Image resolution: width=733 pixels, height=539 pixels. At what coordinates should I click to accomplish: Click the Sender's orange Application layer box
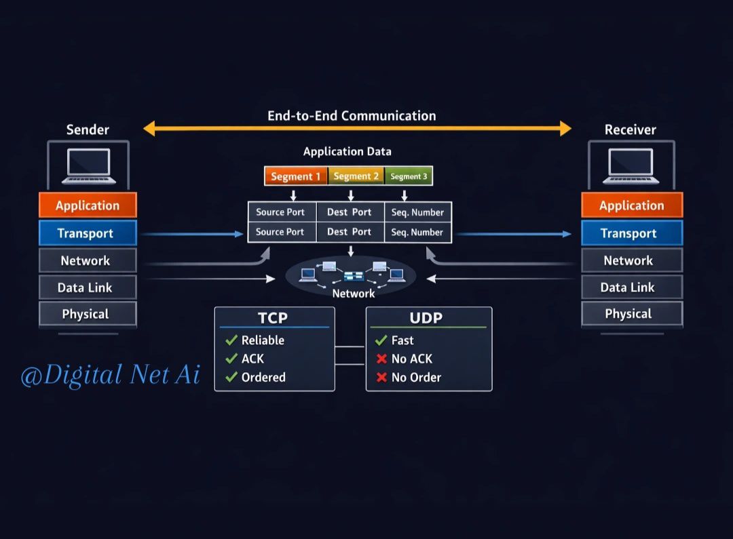click(x=88, y=205)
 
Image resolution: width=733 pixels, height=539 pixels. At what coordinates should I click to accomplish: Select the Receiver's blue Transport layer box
click(x=632, y=233)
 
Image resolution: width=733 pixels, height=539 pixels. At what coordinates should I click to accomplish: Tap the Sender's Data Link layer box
click(x=88, y=287)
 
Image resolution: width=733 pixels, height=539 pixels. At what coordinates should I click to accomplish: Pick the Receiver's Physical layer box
click(x=632, y=313)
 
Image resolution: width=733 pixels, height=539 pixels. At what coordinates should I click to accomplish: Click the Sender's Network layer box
click(x=88, y=260)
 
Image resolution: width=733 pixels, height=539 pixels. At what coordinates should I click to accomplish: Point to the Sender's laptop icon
click(x=89, y=166)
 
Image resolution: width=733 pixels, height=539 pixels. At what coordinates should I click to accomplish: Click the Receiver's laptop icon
click(x=631, y=166)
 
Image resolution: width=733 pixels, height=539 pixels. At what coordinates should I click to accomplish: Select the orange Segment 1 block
click(x=296, y=176)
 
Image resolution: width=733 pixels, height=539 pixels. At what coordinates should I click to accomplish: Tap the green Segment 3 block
click(x=409, y=176)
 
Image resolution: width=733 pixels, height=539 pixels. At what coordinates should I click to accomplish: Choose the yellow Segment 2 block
click(x=356, y=176)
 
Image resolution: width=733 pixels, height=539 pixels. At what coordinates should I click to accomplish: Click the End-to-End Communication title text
click(x=352, y=115)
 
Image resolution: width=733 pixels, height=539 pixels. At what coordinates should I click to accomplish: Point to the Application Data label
click(x=347, y=151)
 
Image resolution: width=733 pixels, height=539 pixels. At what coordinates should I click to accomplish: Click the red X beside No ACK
click(x=381, y=359)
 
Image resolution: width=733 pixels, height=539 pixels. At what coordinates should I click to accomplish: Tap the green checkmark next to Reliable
click(x=231, y=340)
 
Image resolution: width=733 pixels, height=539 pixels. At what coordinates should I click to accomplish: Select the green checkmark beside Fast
click(x=381, y=340)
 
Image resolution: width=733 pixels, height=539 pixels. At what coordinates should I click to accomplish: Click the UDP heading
click(x=426, y=317)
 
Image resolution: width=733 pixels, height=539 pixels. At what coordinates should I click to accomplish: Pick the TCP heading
click(x=273, y=317)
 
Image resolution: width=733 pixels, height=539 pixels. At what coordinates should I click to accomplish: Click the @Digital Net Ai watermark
click(x=111, y=375)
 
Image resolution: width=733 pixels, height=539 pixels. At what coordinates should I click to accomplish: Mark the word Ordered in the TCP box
click(x=263, y=377)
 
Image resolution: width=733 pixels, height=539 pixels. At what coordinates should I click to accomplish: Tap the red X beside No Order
click(x=381, y=377)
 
